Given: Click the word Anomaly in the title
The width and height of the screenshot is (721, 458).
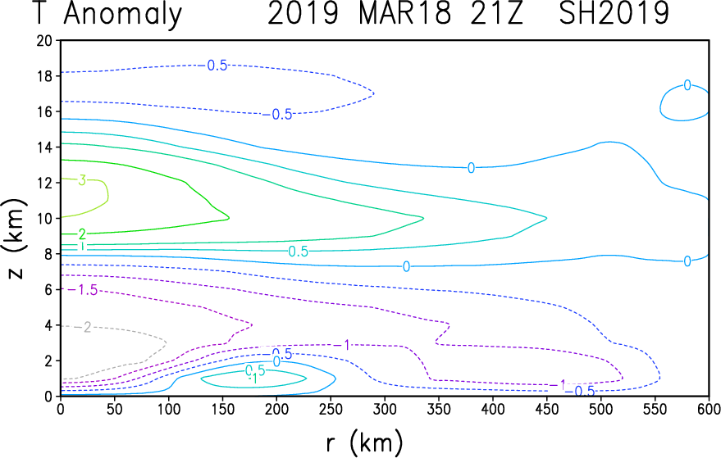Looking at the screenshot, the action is tap(123, 15).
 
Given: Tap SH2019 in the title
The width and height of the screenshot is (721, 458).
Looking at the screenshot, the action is tap(614, 13).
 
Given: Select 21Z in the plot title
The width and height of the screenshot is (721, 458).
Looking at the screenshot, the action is tap(496, 13).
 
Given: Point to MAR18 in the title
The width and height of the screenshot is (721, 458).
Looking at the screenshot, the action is tap(404, 13).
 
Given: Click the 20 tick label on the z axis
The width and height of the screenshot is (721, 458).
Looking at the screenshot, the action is tap(44, 40).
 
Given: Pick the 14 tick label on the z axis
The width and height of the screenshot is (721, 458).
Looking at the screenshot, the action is tap(44, 147).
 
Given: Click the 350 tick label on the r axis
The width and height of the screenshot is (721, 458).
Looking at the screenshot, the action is tap(438, 409).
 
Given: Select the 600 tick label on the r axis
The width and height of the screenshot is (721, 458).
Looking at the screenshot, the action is tap(708, 409).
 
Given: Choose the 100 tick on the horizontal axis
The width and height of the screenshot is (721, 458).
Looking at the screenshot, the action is tap(168, 409).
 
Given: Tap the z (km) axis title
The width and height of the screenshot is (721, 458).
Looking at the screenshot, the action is tap(17, 239).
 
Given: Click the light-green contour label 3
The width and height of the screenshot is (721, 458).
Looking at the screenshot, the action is tap(82, 180).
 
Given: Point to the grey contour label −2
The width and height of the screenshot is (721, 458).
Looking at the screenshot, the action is tap(84, 327).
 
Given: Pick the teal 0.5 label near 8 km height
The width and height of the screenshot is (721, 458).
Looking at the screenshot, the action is tap(298, 252).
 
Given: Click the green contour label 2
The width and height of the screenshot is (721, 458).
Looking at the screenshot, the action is tap(82, 235).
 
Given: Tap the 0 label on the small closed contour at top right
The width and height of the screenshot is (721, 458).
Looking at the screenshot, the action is tap(687, 85).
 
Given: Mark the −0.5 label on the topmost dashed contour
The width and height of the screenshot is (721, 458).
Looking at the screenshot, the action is tap(213, 66).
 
